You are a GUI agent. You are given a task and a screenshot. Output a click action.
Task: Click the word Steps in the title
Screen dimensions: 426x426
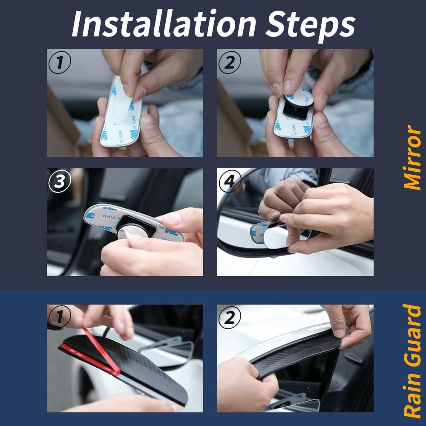click(x=311, y=26)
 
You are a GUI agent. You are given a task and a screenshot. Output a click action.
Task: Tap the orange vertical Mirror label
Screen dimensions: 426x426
click(x=412, y=157)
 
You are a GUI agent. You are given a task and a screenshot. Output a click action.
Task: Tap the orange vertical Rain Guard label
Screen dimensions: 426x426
click(x=412, y=360)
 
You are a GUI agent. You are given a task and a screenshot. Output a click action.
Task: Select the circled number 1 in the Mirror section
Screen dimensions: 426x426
click(x=60, y=62)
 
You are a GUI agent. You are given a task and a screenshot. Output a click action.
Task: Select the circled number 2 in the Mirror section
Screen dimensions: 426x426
click(x=230, y=62)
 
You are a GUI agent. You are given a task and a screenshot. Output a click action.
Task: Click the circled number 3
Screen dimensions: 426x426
click(x=60, y=181)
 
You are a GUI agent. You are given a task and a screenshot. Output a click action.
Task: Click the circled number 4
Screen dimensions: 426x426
click(x=230, y=181)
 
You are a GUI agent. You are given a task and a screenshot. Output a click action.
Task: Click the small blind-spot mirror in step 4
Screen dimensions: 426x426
click(x=274, y=233)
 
